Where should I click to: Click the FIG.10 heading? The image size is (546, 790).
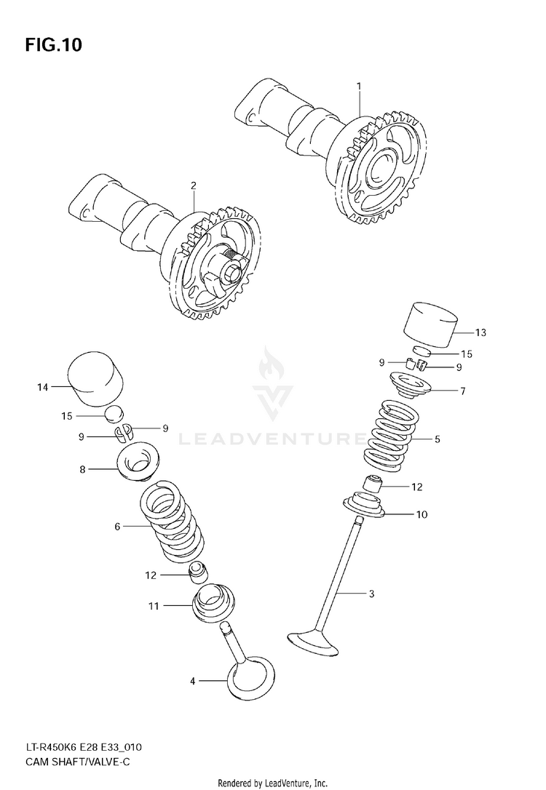click(x=53, y=45)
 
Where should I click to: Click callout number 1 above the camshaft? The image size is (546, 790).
click(x=359, y=87)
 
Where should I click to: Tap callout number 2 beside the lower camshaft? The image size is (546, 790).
click(x=194, y=185)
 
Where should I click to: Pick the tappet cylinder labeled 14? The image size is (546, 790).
click(x=95, y=380)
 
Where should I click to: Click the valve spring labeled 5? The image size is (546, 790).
click(x=391, y=435)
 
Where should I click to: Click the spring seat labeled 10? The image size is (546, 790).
click(x=373, y=506)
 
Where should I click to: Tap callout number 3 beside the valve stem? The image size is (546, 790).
click(x=371, y=594)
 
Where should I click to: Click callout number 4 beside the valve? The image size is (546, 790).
click(x=193, y=682)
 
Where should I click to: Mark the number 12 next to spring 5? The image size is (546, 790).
click(x=417, y=487)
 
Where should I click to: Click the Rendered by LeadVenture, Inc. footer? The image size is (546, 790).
click(x=273, y=783)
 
